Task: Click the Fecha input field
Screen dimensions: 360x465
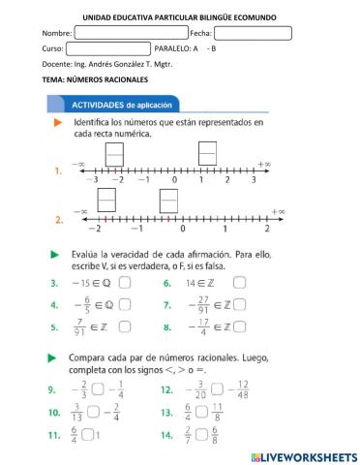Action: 253,33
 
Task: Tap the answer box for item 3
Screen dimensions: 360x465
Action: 124,283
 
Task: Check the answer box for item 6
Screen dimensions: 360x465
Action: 239,283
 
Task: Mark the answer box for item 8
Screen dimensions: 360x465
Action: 239,329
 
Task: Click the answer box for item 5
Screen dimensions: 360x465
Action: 124,329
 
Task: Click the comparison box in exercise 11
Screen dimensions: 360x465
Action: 88,434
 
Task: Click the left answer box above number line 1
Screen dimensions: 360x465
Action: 114,154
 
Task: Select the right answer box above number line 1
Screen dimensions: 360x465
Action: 206,154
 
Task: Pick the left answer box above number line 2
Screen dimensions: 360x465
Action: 79,200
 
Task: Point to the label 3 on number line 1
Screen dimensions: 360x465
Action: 254,180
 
